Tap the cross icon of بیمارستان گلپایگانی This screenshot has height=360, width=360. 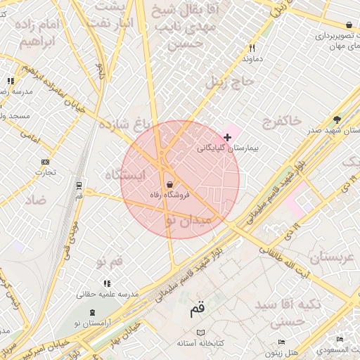pyautogui.click(x=226, y=136)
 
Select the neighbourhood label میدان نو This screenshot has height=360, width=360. pyautogui.click(x=187, y=221)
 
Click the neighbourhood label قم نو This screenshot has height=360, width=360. pyautogui.click(x=110, y=262)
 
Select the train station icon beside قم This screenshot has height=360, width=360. pyautogui.click(x=79, y=186)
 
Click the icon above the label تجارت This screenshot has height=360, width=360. pyautogui.click(x=46, y=162)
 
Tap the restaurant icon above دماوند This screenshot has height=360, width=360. pyautogui.click(x=252, y=49)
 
